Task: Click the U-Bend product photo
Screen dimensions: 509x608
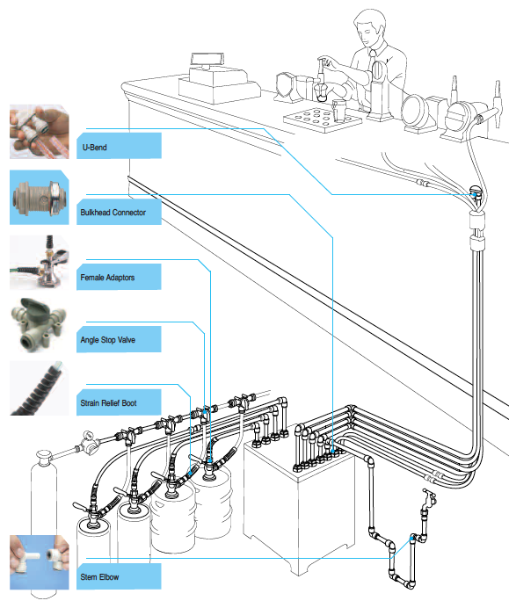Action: coord(40,132)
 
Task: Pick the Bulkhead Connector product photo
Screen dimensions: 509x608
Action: coord(40,198)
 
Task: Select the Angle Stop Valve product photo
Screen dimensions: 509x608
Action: coord(40,326)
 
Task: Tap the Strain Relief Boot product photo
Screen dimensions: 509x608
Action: coord(40,388)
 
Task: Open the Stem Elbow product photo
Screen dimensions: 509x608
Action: coord(40,562)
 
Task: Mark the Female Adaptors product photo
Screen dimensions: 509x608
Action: coord(40,263)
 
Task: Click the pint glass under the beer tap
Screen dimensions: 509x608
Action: coord(339,111)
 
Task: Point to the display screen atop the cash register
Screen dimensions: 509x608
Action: coord(207,60)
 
